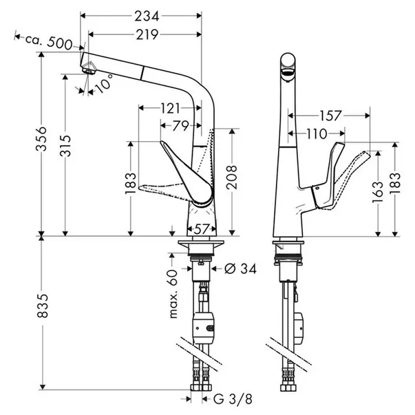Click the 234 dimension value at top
(x=147, y=16)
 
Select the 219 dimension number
(x=147, y=34)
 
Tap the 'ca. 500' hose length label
(x=49, y=41)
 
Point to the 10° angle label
(x=103, y=83)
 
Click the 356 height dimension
(x=41, y=139)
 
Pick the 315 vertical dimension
(x=65, y=146)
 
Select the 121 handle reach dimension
(x=170, y=108)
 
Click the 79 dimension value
(x=181, y=126)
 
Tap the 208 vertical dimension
(x=231, y=177)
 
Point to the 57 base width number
(x=202, y=228)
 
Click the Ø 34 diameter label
(x=241, y=269)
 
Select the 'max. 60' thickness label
(x=173, y=293)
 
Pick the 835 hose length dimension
(x=43, y=305)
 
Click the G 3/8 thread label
(x=233, y=399)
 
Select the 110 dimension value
(x=317, y=134)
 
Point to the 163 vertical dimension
(x=378, y=192)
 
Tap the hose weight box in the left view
(x=204, y=328)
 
